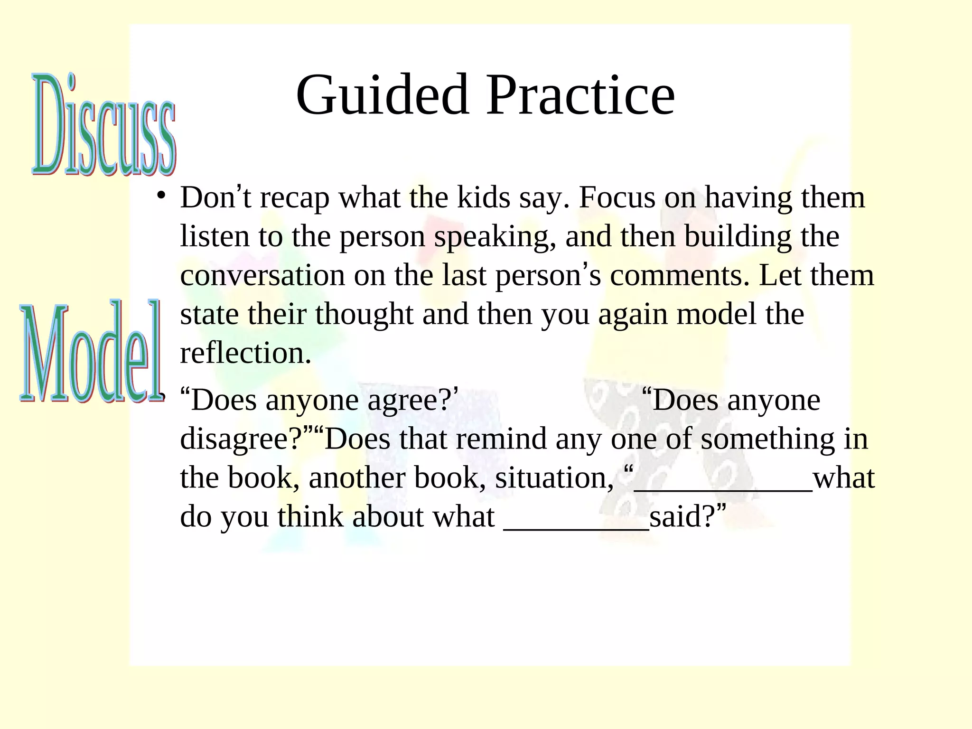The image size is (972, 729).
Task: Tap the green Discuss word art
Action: pos(104,124)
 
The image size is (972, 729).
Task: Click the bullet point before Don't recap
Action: pos(161,196)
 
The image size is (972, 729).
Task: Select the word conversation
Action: pos(262,276)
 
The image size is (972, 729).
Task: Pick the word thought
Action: pos(364,315)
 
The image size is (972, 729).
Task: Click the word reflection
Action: pos(245,354)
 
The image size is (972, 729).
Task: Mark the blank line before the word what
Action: pos(723,489)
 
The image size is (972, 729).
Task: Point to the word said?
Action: pos(683,517)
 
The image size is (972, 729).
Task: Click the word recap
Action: pos(295,198)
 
